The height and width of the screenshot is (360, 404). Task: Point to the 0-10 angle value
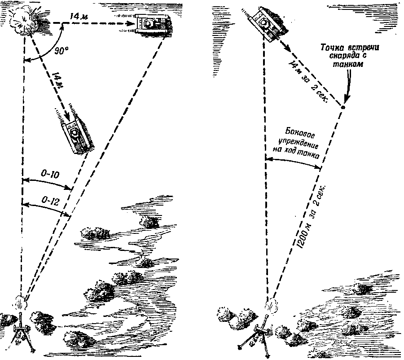(x=47, y=174)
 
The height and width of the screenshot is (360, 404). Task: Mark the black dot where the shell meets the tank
(x=343, y=107)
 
